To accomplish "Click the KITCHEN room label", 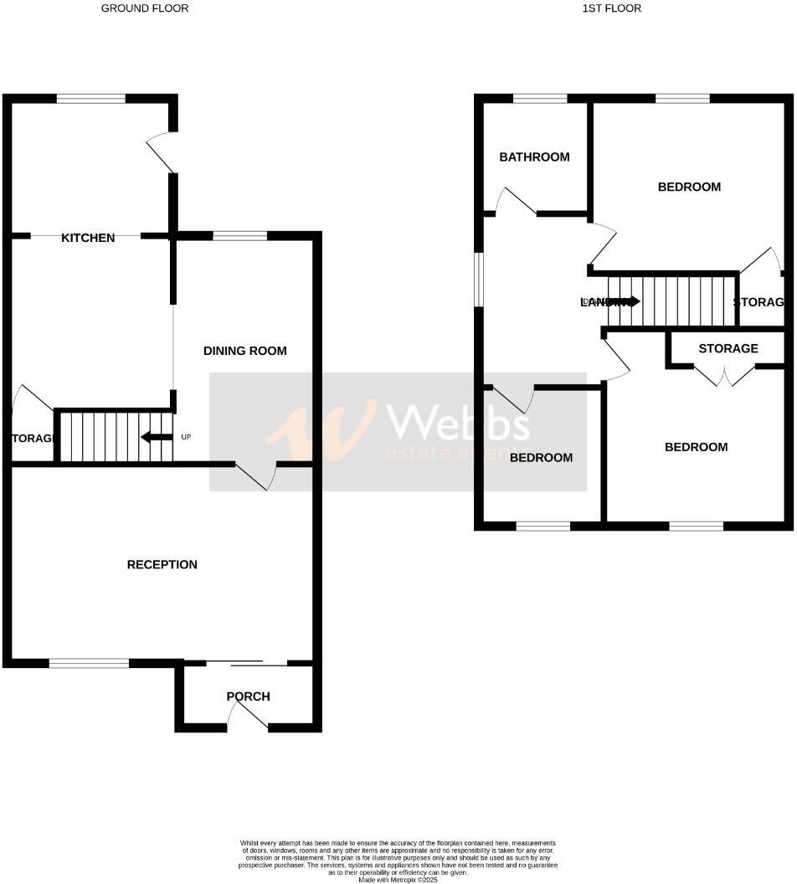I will coord(88,238).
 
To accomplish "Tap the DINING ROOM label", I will coord(245,351).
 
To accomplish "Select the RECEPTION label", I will coord(162,564).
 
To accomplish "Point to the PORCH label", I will coord(249,696).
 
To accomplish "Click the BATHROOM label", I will coord(534,157).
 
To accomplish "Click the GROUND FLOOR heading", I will coord(145,8).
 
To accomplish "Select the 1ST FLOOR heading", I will coord(611,8).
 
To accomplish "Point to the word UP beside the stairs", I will coord(186,437).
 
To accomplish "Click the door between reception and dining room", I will coord(256,475).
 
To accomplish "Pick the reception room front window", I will coord(89,664).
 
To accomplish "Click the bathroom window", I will coord(540,99).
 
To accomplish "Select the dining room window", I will coord(239,236).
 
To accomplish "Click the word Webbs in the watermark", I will coord(455,422).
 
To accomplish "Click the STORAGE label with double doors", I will coord(728,348).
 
